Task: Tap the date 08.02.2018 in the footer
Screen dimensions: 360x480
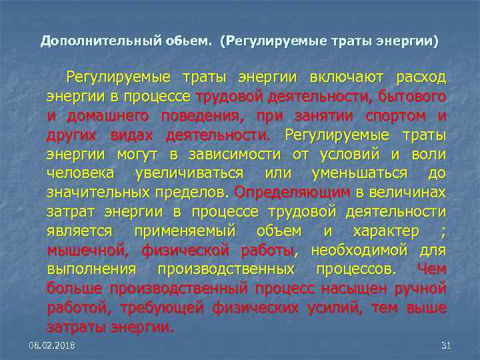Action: (52, 345)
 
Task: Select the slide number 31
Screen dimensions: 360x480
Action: (447, 345)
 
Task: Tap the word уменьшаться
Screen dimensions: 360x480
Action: (359, 174)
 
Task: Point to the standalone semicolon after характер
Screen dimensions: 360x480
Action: (443, 231)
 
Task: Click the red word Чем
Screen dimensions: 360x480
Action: (431, 270)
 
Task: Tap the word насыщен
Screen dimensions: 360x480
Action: (348, 289)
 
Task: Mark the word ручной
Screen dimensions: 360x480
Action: (421, 289)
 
